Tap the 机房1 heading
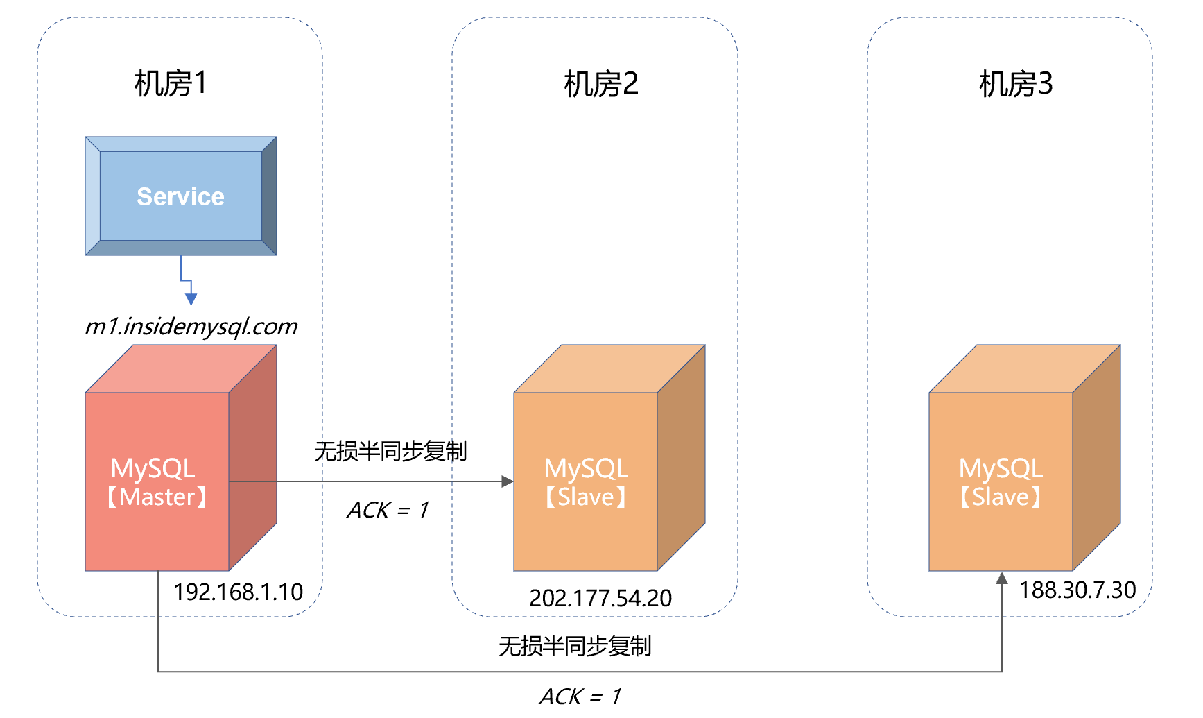(x=171, y=84)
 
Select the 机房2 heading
(x=600, y=84)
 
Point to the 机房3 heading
(x=1015, y=84)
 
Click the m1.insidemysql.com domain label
(x=191, y=326)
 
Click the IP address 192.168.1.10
(x=238, y=592)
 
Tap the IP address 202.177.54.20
(x=600, y=598)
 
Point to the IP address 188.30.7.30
(x=1077, y=590)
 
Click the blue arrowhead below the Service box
(x=191, y=299)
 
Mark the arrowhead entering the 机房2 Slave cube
(x=508, y=481)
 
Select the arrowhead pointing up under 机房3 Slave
(x=1001, y=578)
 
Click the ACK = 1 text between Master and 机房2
(x=388, y=510)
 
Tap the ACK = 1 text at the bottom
(x=580, y=696)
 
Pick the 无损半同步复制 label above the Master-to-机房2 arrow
(x=390, y=452)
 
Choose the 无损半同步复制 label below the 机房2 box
(x=575, y=647)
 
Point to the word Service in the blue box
(x=180, y=197)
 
